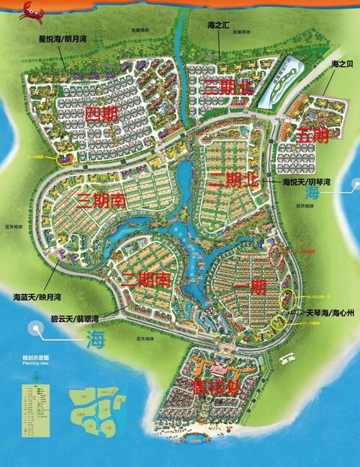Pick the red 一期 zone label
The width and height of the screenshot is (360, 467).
[x=251, y=287]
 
